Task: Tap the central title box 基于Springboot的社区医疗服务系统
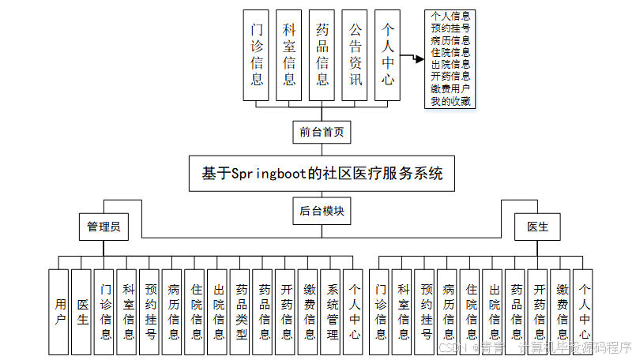click(322, 174)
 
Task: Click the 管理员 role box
click(103, 227)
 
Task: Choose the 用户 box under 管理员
click(60, 312)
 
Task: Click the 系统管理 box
click(332, 312)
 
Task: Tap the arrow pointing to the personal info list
click(410, 57)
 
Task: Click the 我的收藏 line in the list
click(451, 101)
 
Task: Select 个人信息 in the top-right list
click(451, 16)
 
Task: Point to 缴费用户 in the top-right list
click(451, 88)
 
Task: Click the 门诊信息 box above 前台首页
click(257, 54)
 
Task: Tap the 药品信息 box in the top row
click(322, 54)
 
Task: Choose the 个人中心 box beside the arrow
click(387, 54)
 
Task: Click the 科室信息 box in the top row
click(289, 54)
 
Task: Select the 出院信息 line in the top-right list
click(451, 64)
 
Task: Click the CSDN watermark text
click(452, 347)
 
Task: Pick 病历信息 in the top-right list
click(451, 40)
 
